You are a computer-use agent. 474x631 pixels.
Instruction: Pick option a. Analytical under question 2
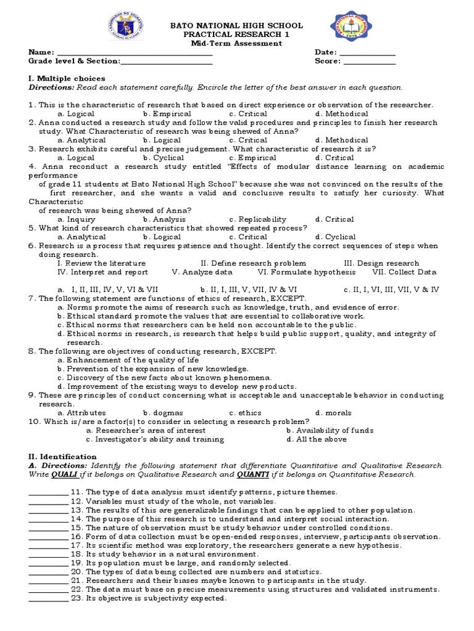tap(81, 140)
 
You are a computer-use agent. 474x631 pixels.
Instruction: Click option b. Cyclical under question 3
tap(164, 158)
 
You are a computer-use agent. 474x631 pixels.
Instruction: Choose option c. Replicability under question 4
tap(257, 219)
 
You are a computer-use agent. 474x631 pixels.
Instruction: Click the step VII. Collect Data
tap(404, 272)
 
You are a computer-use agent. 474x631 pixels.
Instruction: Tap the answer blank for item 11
tap(48, 492)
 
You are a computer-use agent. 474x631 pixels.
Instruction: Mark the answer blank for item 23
tap(48, 598)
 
